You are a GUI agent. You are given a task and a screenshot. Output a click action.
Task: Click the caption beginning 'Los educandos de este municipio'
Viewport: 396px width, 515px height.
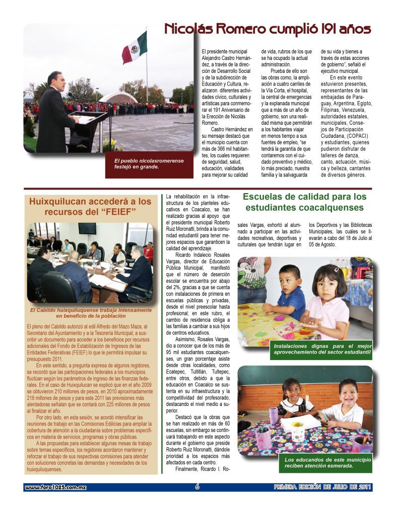click(x=327, y=462)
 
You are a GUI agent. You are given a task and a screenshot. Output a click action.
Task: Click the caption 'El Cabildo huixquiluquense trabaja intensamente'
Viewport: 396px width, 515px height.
click(x=91, y=313)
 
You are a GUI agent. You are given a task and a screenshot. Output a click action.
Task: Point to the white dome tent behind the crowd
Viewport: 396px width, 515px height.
click(x=117, y=97)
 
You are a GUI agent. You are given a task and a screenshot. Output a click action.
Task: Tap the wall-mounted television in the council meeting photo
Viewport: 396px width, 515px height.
click(x=87, y=228)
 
